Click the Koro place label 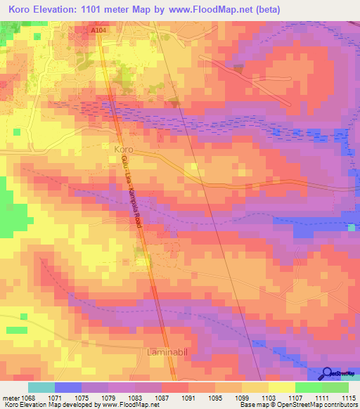(x=122, y=150)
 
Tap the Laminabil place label (x=166, y=349)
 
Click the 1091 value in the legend (x=188, y=397)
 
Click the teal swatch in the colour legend (x=41, y=387)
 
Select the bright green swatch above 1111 (x=308, y=387)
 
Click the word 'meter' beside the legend (x=10, y=397)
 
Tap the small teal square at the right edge (x=351, y=227)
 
